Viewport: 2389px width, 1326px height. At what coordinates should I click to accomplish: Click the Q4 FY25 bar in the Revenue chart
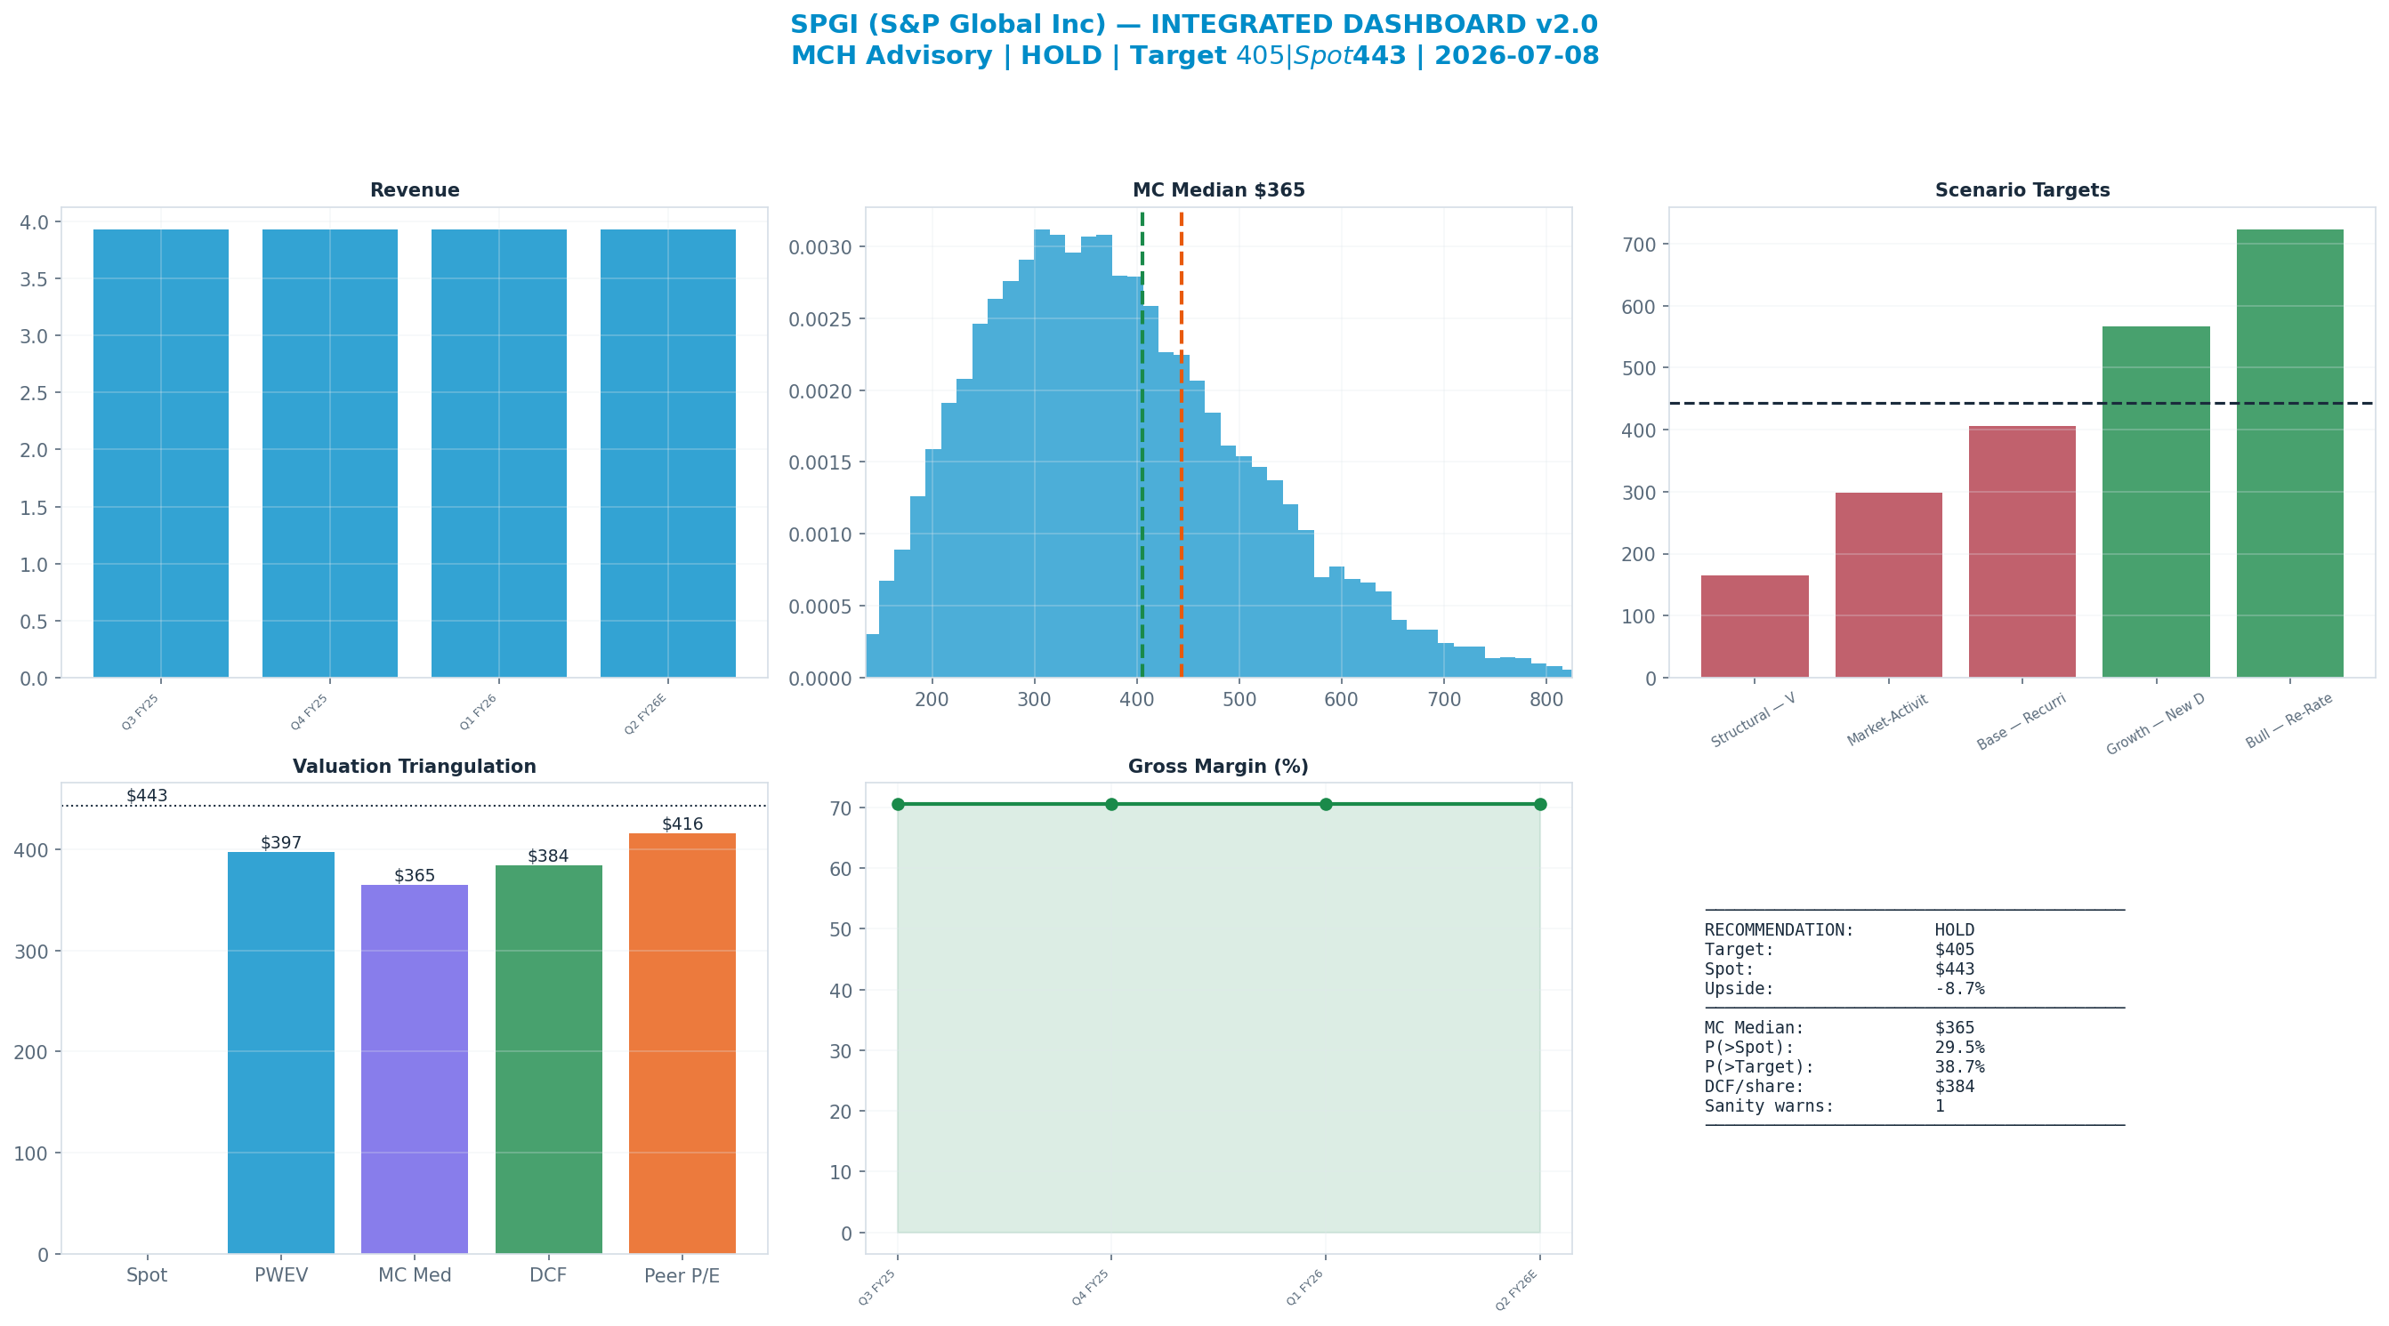tap(330, 454)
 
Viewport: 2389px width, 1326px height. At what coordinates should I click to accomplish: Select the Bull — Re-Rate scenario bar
tap(2289, 454)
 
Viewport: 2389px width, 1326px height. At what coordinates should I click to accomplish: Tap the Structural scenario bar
tap(1755, 627)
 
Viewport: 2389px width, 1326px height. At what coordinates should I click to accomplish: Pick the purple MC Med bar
tap(415, 1069)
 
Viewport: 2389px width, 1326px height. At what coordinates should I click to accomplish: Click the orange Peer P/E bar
tap(682, 1043)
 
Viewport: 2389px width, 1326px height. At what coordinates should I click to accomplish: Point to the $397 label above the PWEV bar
tap(281, 843)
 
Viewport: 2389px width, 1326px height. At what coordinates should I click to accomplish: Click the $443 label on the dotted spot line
tap(148, 796)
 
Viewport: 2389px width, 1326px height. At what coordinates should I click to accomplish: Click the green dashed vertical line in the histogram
tap(1142, 444)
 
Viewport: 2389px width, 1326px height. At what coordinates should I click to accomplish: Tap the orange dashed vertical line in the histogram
tap(1182, 444)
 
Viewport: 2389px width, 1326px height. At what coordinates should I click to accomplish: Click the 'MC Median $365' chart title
tap(1219, 190)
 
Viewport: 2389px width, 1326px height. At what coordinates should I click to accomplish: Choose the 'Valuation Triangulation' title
tap(415, 767)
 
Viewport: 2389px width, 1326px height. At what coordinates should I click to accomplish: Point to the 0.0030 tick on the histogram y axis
tap(820, 247)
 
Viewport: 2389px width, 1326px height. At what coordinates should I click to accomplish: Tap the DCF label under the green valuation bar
tap(548, 1276)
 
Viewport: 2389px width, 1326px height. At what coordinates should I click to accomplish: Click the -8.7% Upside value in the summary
tap(1959, 988)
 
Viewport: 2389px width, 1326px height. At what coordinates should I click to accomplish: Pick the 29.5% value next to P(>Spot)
tap(1959, 1048)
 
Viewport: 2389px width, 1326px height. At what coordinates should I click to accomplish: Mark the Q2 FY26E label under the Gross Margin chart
tap(1517, 1290)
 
